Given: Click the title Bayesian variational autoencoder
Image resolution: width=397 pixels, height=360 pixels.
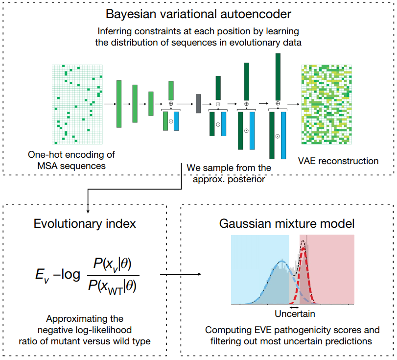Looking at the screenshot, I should [198, 14].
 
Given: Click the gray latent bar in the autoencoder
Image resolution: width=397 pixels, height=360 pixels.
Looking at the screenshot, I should [198, 103].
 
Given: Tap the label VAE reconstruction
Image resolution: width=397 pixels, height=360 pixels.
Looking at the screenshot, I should [338, 161].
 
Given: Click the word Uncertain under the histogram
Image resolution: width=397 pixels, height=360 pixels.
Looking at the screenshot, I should [295, 313].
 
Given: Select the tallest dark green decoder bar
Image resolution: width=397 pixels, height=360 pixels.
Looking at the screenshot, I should [278, 76].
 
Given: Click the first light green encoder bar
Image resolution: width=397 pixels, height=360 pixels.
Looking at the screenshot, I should [119, 104].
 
